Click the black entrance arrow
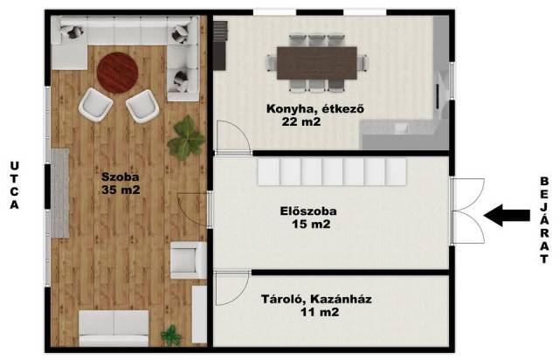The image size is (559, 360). tap(507, 215)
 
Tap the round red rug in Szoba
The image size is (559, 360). tap(117, 73)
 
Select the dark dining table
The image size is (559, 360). tap(317, 63)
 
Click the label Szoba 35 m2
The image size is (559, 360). tap(121, 183)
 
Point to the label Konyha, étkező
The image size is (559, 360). tap(315, 108)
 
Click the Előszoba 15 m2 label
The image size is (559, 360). tap(308, 218)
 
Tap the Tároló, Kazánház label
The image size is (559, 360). tap(316, 299)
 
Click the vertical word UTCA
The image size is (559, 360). tap(15, 185)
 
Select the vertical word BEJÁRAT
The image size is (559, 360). tap(544, 220)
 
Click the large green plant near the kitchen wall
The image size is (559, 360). tap(186, 138)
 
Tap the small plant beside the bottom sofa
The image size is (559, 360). tap(172, 336)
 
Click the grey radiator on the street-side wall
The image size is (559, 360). tap(60, 193)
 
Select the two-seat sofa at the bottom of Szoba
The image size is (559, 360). tap(114, 328)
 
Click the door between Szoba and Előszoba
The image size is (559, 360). tap(192, 210)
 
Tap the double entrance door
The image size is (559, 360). tap(468, 211)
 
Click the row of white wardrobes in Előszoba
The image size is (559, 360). tap(332, 172)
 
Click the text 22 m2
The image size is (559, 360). tap(301, 122)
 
